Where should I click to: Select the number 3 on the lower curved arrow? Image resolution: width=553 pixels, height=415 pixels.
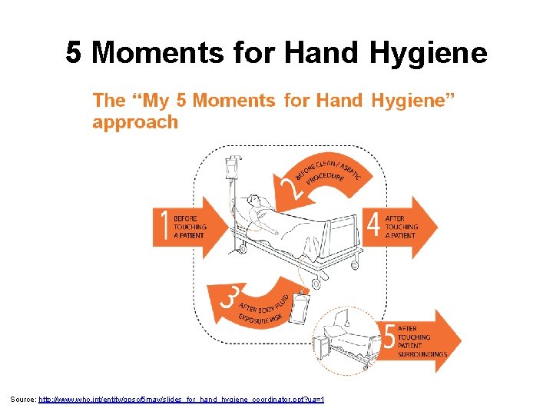(227, 297)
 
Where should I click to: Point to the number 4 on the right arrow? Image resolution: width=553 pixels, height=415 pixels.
(373, 226)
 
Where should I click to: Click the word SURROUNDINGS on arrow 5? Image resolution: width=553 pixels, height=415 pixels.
(422, 354)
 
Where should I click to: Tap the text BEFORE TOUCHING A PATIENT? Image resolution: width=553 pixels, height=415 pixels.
(190, 227)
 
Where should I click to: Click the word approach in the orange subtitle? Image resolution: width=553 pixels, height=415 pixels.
(135, 122)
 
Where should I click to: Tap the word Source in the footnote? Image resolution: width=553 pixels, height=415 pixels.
(22, 400)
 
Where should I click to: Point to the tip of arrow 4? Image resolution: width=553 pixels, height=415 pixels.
(435, 226)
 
